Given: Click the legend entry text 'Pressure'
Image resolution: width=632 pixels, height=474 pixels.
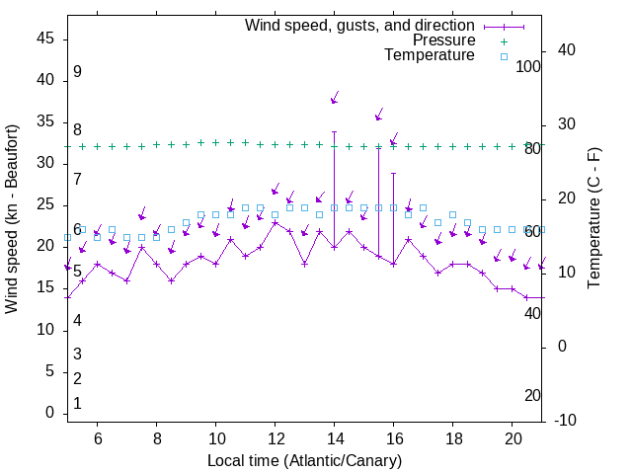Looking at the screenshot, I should point(443,40).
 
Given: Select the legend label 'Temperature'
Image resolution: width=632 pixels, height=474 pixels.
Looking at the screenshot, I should point(430,55).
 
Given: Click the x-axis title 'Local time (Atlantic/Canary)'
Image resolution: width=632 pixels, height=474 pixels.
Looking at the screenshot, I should point(305,461).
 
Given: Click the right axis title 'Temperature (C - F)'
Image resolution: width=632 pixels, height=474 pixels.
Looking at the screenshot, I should point(593,219).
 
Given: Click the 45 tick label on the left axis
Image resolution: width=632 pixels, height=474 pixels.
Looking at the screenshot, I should point(45,38).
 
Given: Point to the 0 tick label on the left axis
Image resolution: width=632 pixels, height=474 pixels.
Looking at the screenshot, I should point(50,413).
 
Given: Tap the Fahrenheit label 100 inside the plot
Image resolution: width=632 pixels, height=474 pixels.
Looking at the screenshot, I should point(529,67).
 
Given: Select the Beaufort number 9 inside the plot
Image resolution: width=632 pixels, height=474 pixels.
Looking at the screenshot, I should point(77,72).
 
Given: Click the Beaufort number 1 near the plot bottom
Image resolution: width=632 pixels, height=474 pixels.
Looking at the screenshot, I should point(77,404).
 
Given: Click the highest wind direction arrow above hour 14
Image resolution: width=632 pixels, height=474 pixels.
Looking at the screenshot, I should point(335,98).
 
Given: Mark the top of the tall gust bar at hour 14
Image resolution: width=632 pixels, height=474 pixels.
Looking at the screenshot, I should point(334,131).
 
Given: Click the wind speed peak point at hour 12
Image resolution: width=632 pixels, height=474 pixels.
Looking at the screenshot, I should point(275,222).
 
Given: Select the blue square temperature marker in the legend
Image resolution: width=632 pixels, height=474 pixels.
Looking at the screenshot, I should point(503,56).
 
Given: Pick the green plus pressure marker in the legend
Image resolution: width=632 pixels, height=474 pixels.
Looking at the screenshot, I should point(503,41).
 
